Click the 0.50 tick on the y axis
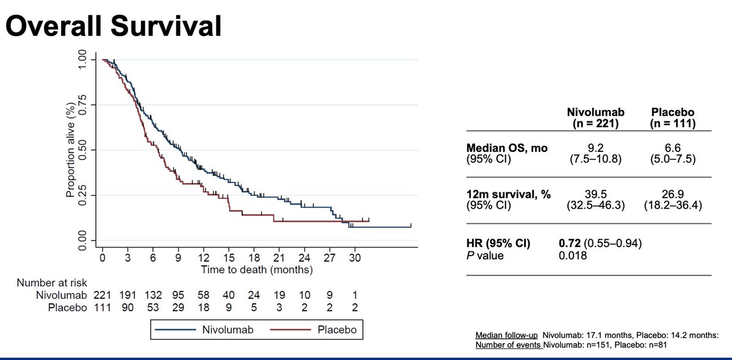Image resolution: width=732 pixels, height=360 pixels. click(x=82, y=150)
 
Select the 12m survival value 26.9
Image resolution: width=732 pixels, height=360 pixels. click(x=675, y=193)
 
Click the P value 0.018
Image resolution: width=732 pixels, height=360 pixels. click(x=573, y=256)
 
